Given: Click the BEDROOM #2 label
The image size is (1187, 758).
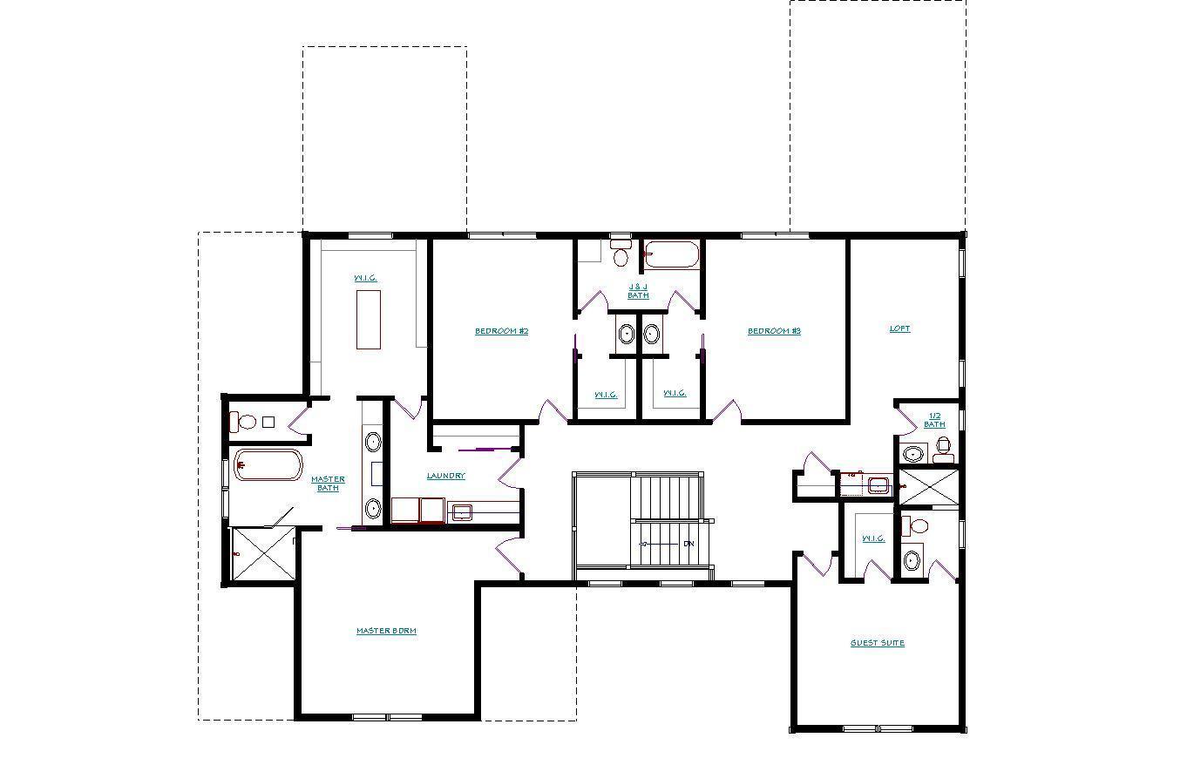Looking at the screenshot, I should tap(501, 331).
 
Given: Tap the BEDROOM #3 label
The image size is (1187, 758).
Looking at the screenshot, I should tap(774, 331).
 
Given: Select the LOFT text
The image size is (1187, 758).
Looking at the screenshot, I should tap(899, 328).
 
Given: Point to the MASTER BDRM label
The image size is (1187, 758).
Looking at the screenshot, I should tap(386, 631).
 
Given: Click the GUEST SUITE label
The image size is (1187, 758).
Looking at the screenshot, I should tap(878, 643).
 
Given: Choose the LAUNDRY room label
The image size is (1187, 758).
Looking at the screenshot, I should tap(445, 476).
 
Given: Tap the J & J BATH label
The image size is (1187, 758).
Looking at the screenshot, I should tap(638, 291).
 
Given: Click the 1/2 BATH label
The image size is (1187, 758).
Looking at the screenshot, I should tap(934, 420).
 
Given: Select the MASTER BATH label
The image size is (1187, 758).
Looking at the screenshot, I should tap(328, 484).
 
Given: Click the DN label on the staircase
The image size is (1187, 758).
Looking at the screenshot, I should tap(688, 544).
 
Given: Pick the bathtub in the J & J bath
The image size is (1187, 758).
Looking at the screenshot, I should tap(671, 255).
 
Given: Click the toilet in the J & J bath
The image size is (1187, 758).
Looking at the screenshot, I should tap(621, 254).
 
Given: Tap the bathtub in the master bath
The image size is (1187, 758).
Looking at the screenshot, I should tap(268, 464).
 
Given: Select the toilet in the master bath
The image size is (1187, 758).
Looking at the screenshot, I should tap(243, 423).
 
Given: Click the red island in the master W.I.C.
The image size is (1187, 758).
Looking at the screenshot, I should tap(368, 319).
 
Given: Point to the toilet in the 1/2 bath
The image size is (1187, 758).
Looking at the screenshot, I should tap(943, 450).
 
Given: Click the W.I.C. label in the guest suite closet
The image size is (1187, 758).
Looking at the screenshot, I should tap(872, 538).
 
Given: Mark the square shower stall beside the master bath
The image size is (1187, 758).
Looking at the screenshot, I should tap(262, 554).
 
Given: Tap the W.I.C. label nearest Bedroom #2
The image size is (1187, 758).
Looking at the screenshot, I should tap(606, 394).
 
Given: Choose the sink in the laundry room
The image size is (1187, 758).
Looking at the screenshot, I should tap(460, 511).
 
